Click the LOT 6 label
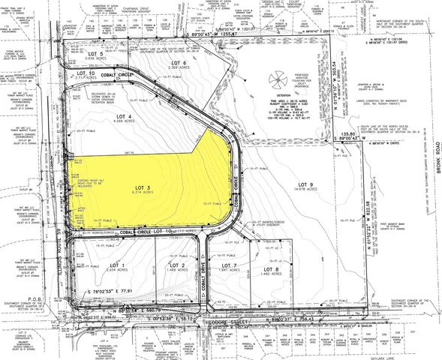178,63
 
